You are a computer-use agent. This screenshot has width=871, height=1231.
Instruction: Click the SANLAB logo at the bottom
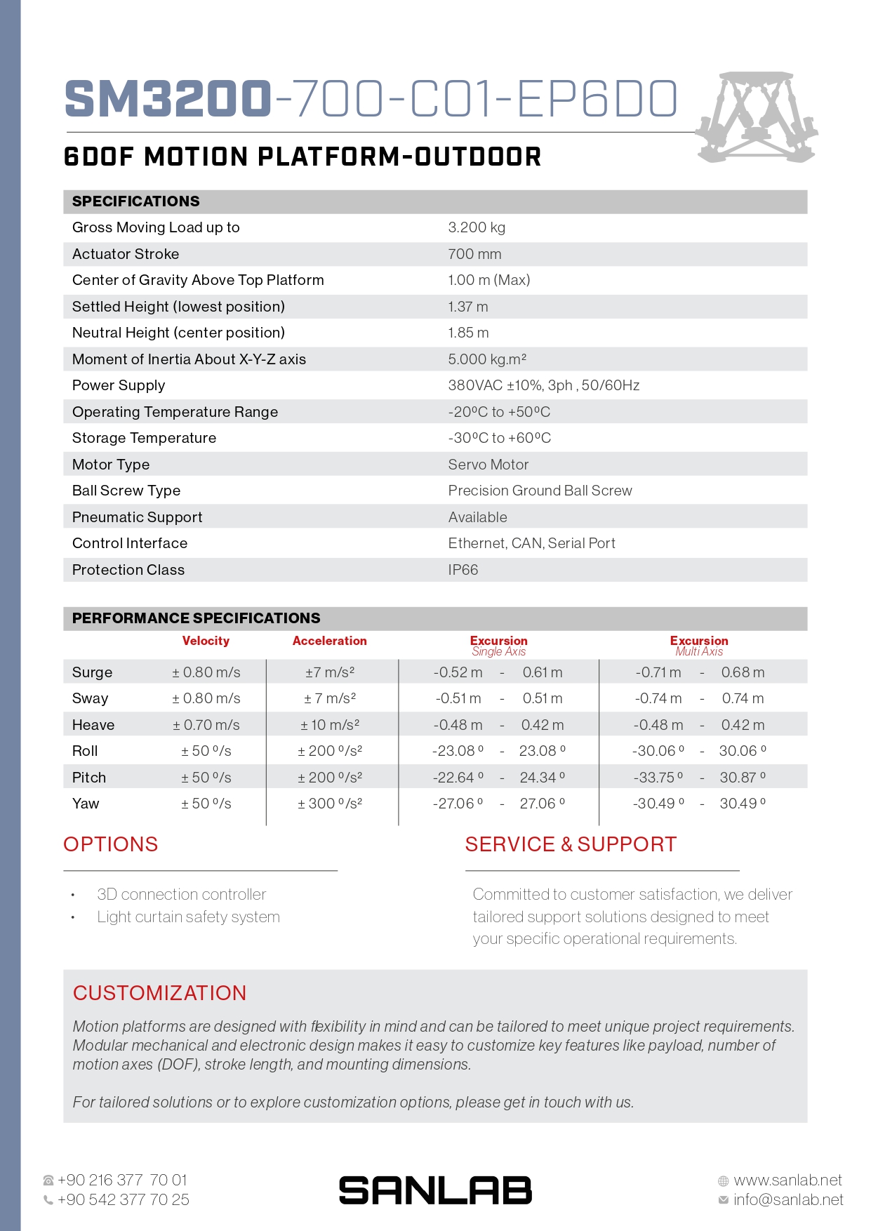coord(435,1190)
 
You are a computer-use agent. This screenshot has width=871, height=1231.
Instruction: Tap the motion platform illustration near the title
coord(757,117)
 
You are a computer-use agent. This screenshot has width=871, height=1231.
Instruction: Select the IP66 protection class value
coord(463,570)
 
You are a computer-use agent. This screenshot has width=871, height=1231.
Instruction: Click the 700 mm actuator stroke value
coord(474,254)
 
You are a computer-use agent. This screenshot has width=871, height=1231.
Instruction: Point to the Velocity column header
coord(206,641)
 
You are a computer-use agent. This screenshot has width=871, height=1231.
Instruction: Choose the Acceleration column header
coord(329,641)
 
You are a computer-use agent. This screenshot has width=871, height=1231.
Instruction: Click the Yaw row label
coord(86,804)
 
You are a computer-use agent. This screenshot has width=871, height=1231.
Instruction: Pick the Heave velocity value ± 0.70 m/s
coord(206,725)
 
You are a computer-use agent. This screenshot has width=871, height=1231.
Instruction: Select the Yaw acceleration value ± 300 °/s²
coord(330,804)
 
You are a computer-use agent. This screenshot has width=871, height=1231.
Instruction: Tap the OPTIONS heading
coord(111,844)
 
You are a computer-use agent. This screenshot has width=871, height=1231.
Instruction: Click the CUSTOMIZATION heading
coord(159,993)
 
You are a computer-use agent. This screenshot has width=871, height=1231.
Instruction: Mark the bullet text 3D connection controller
coord(181,894)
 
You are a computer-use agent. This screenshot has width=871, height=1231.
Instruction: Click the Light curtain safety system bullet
coord(188,917)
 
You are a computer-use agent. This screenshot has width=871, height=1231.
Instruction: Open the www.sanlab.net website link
coord(787,1180)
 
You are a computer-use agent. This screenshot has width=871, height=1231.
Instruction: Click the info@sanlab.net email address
coord(788,1200)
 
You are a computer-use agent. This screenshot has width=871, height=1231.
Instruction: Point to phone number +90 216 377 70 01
coord(122,1180)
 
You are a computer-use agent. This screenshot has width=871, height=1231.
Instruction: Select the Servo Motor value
coord(488,465)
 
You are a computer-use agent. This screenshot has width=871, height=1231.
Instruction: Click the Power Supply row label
coord(119,385)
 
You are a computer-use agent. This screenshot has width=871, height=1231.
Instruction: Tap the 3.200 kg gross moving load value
coord(477,227)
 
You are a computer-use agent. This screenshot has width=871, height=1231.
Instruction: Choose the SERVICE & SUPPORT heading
coord(571,844)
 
